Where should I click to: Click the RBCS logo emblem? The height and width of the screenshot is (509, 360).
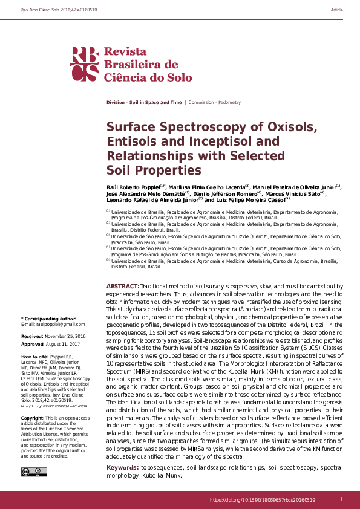tap(84, 63)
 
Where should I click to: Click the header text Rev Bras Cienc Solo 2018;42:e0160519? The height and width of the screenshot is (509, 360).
tap(51, 10)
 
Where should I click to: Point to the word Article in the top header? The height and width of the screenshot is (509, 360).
tap(337, 10)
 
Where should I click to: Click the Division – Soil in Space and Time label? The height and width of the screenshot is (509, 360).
tap(143, 103)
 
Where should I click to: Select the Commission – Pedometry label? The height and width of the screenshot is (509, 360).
tap(215, 103)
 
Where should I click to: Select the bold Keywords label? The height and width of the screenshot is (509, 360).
tap(125, 468)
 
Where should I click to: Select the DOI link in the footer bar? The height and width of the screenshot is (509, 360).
tap(262, 500)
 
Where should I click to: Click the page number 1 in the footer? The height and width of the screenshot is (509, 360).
tap(341, 499)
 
